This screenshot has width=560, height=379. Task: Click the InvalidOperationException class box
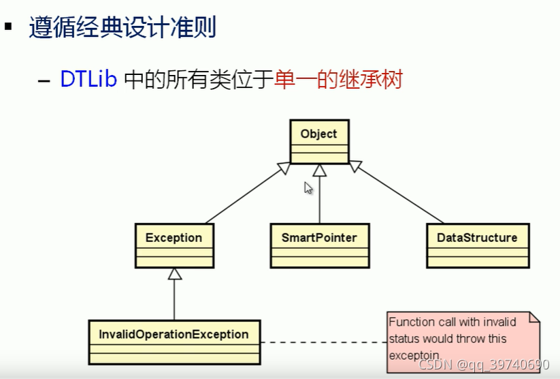(174, 342)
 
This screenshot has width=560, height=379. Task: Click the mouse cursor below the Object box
(308, 188)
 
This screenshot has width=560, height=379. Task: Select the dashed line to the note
(323, 342)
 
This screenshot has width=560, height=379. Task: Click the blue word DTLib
(88, 80)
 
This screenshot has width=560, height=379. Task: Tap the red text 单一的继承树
(338, 80)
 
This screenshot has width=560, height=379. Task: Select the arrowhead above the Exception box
(174, 274)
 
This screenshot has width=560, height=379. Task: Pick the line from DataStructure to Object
(398, 196)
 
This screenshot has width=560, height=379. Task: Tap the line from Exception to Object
(245, 196)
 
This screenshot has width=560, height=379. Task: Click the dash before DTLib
(44, 81)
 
